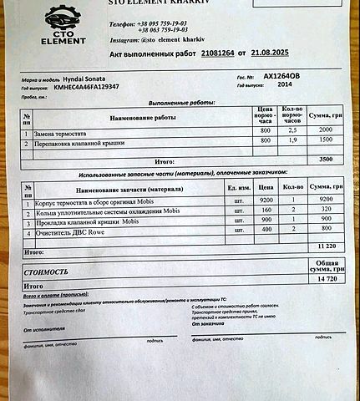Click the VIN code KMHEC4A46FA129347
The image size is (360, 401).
[x=86, y=86]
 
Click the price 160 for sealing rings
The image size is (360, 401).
[x=266, y=211]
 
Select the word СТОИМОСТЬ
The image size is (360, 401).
[x=47, y=272]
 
